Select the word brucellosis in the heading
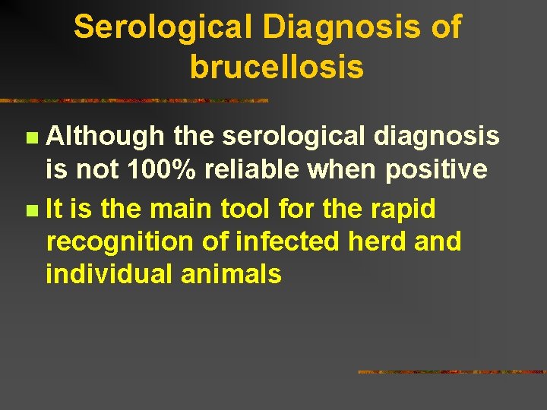277,68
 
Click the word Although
106,137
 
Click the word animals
231,274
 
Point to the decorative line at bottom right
451,372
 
